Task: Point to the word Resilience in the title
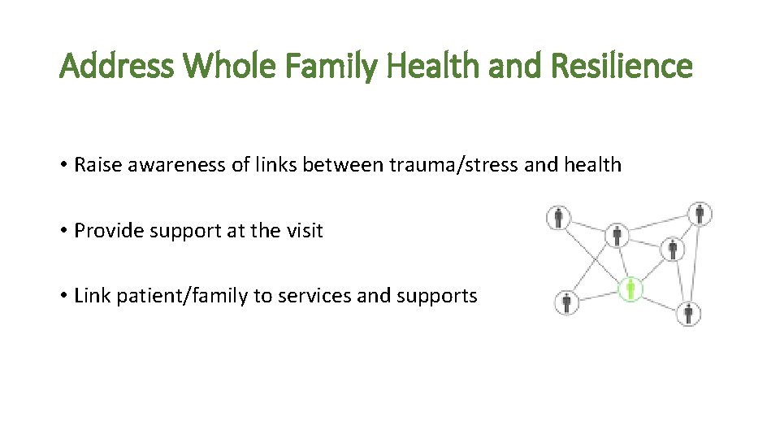pyautogui.click(x=622, y=67)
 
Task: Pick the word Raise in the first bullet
pyautogui.click(x=96, y=165)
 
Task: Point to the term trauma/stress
pyautogui.click(x=455, y=165)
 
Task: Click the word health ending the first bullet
pyautogui.click(x=590, y=165)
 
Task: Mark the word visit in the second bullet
pyautogui.click(x=305, y=231)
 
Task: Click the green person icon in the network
pyautogui.click(x=630, y=289)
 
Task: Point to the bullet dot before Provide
pyautogui.click(x=63, y=232)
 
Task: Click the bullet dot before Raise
pyautogui.click(x=63, y=166)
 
